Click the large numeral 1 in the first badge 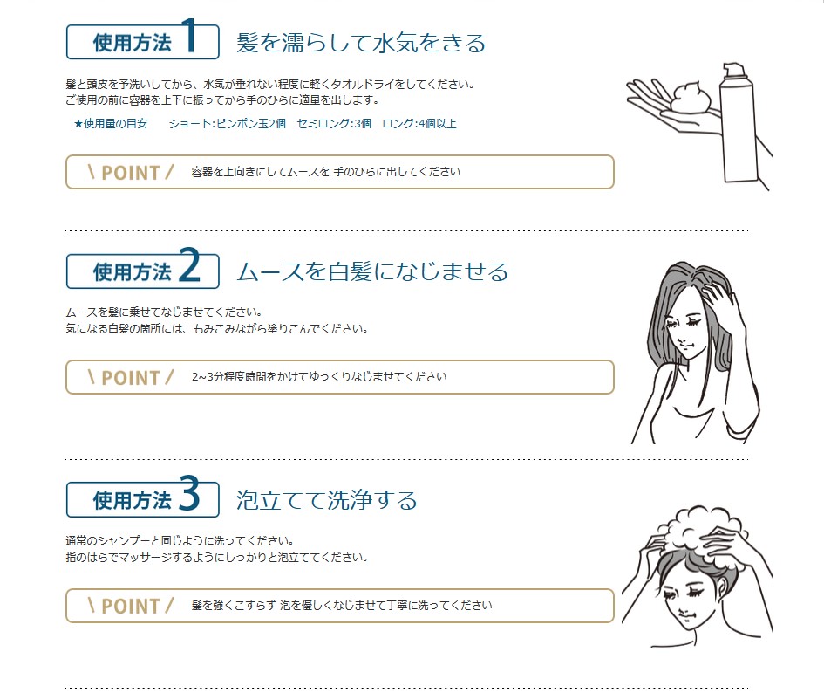tap(190, 35)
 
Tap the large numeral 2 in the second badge tap(190, 264)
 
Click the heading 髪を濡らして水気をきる tap(360, 43)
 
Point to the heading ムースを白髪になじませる tap(372, 272)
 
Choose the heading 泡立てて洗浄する tap(326, 500)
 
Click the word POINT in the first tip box tap(130, 173)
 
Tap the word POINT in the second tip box tap(130, 378)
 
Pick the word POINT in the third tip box tap(130, 607)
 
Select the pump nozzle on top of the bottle tap(733, 71)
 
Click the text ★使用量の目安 tap(111, 124)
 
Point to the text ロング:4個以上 tap(419, 124)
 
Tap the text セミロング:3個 tap(334, 124)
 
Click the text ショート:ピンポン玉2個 tap(227, 124)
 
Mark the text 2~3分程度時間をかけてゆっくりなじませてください tap(319, 377)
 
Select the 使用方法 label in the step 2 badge tap(133, 272)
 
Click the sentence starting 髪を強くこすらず tap(342, 605)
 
